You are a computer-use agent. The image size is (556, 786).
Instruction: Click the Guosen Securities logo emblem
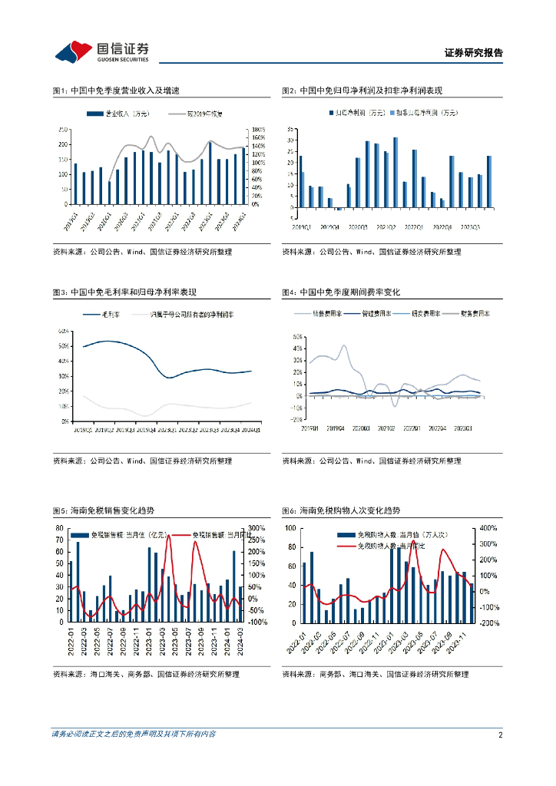click(74, 52)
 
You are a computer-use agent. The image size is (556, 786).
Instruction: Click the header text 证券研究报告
click(474, 53)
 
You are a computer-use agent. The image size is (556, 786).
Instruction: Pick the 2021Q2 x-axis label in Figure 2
click(386, 226)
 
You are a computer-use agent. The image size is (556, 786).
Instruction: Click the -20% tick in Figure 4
click(294, 419)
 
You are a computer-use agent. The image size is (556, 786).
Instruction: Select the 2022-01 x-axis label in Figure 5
click(71, 637)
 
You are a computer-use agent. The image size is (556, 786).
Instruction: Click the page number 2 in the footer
click(500, 735)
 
